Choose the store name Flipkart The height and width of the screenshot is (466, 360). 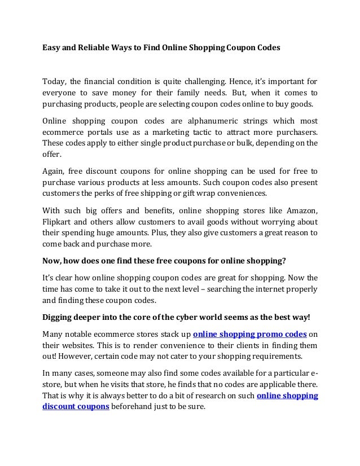pos(59,221)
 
